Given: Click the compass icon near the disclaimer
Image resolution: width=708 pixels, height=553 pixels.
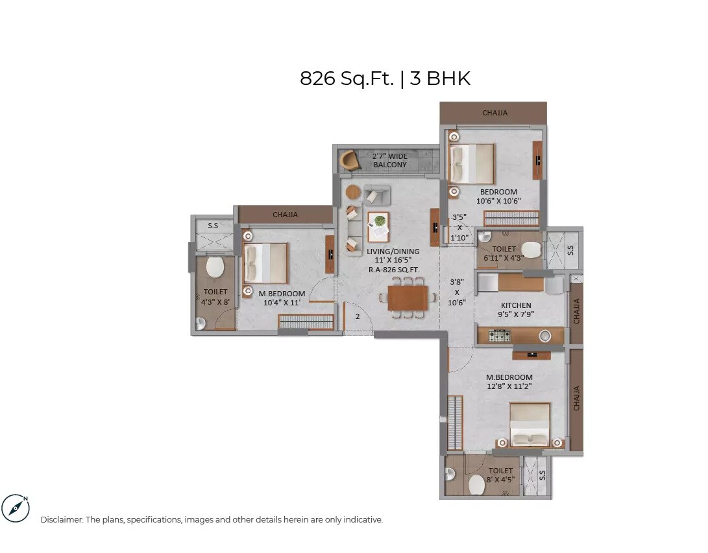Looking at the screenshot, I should point(16,508).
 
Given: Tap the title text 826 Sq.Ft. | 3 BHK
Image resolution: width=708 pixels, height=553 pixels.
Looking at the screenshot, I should point(385,78).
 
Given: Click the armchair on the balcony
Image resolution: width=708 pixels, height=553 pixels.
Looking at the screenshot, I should point(349,160).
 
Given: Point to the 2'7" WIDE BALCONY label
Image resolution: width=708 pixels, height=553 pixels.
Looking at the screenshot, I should point(390,160).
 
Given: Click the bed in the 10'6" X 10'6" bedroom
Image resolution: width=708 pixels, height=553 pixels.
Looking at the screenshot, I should point(472,164).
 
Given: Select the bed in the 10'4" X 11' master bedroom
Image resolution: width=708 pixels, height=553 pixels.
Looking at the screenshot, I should point(265,263).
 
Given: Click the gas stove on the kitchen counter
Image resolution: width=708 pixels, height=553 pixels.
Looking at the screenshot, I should point(499,336).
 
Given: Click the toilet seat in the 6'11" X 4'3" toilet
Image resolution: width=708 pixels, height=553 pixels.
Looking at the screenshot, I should point(531,250).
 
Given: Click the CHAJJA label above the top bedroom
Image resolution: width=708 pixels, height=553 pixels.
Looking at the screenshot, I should point(494,113).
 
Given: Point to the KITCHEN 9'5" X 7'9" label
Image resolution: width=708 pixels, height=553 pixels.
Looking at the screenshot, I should point(516,309).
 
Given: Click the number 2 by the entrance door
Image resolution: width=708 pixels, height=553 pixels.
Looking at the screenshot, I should point(357,317).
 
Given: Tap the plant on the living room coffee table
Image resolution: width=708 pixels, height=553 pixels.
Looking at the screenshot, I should point(378,220).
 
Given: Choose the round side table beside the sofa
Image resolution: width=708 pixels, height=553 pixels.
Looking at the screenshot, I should point(353,192).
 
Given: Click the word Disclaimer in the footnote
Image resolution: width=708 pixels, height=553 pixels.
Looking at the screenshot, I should point(62,520).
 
